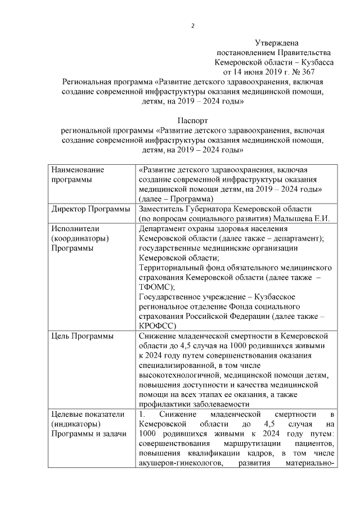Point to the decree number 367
[x=306, y=72]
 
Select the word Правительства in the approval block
[x=299, y=52]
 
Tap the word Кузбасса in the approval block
[x=317, y=62]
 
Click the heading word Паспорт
[x=192, y=120]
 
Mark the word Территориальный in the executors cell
[x=172, y=267]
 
